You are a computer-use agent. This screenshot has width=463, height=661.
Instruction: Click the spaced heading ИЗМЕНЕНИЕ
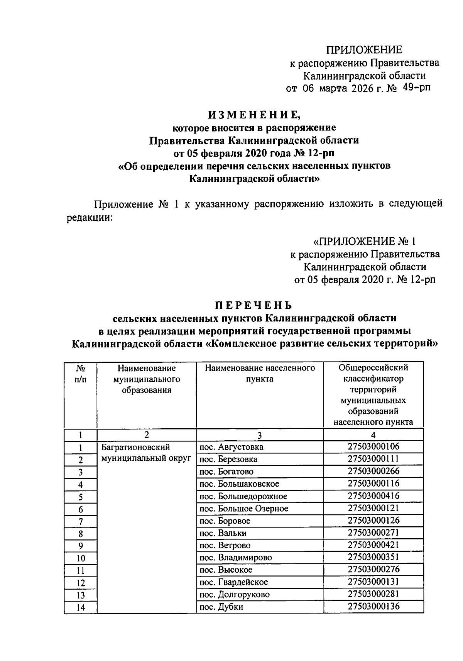253,115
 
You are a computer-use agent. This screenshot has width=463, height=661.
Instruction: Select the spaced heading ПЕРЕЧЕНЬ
253,306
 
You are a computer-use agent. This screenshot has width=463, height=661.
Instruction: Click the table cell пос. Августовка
231,447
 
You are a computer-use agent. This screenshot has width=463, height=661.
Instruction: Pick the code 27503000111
373,459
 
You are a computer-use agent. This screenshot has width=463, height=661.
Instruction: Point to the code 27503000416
373,496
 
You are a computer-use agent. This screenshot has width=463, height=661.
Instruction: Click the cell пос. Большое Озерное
243,509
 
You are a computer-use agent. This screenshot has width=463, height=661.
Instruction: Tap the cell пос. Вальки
222,533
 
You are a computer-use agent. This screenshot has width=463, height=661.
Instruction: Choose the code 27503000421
373,545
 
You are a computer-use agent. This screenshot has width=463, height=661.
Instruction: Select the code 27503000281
373,594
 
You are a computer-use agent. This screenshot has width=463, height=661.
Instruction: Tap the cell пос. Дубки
221,607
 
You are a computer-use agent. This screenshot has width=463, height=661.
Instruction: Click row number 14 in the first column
80,608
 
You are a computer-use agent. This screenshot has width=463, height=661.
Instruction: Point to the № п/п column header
80,374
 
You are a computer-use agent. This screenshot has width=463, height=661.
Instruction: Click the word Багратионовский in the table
135,447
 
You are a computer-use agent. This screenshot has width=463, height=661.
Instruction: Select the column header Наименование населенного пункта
260,374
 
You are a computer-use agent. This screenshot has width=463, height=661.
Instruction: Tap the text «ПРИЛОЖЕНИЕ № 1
365,242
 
